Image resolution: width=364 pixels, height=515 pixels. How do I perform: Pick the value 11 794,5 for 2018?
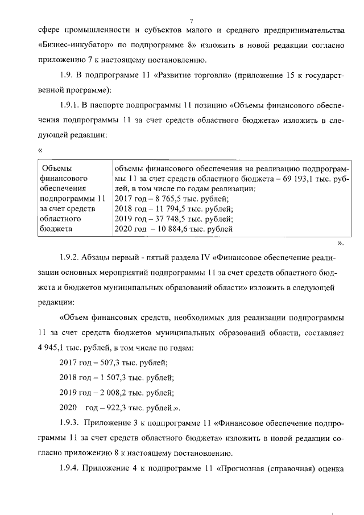pyautogui.click(x=165, y=209)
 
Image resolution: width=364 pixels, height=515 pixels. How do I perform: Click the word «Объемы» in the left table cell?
pyautogui.click(x=57, y=168)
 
